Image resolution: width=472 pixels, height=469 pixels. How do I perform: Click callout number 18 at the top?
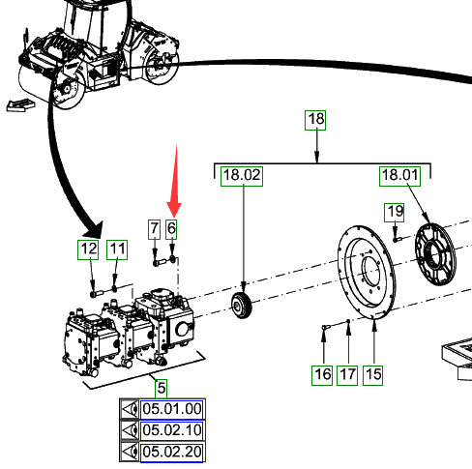point(315,120)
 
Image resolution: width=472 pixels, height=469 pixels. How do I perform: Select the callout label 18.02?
point(242,176)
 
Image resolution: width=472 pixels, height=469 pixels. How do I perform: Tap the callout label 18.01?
point(399,176)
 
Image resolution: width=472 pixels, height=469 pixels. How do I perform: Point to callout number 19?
point(395,213)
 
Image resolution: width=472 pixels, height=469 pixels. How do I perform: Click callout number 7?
point(155,229)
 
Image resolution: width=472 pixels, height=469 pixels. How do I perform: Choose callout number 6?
point(171,229)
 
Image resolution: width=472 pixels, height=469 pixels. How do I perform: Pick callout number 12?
point(88,249)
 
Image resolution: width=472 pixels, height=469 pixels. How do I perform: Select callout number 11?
point(117,249)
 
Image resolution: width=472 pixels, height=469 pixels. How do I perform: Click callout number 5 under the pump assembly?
point(162,389)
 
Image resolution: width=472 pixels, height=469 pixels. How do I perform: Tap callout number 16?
point(322,375)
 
